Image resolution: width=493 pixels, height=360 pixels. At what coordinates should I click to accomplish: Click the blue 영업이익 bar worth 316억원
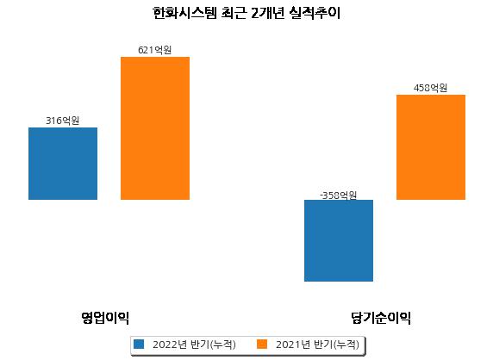pos(63,164)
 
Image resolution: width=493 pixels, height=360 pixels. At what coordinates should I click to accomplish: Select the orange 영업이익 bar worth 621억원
pos(155,128)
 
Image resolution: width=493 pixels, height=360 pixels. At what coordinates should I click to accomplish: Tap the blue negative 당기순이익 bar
pos(339,240)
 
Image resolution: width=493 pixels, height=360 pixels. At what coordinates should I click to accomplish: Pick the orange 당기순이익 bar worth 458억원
pos(431,147)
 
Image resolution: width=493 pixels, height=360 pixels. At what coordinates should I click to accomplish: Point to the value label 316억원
pos(63,121)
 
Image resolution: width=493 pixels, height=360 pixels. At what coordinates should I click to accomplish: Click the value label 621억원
pos(154,50)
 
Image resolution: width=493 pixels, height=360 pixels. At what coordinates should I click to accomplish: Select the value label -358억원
pos(339,196)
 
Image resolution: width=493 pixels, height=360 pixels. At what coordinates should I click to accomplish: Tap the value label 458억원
pos(430,88)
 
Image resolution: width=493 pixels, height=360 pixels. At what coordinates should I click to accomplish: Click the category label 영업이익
pos(105,318)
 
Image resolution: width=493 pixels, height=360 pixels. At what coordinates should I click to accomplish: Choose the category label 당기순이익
pos(381,318)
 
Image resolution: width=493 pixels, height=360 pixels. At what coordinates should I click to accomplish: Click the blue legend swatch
pos(139,344)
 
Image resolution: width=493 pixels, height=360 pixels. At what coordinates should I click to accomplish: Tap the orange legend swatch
pos(262,344)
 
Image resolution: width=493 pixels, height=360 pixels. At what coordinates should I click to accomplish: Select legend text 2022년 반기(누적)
pos(194,344)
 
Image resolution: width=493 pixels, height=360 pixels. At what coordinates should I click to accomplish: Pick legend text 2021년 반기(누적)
pos(317,344)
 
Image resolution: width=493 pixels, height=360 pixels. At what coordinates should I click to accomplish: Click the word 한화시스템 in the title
pos(184,13)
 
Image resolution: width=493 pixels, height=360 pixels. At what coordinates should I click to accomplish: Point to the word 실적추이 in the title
pos(315,13)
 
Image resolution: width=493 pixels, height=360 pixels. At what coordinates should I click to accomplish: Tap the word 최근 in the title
pos(234,13)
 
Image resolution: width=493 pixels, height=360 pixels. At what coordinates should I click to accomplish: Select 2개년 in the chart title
pos(267,13)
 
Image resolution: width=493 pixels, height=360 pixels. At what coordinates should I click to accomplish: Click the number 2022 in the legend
pos(165,344)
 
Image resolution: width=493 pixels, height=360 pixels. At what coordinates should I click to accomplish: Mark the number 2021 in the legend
pos(289,344)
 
